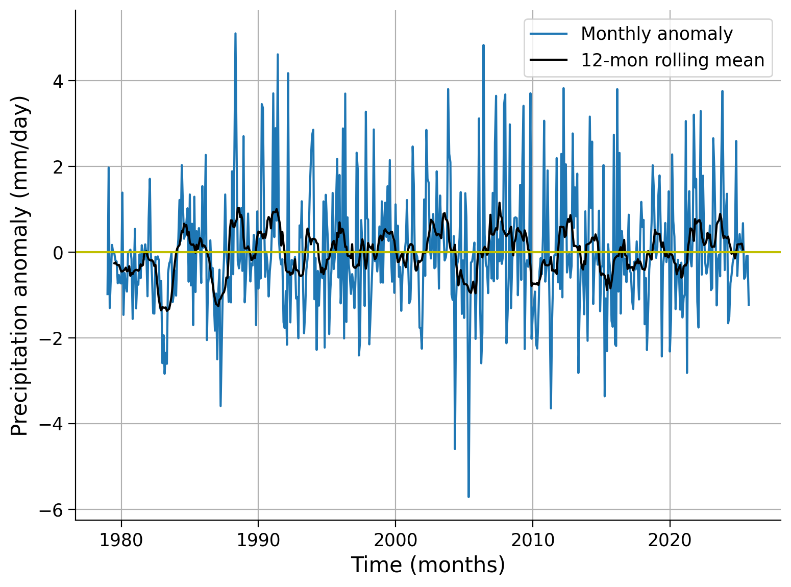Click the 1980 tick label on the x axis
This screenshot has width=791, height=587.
point(121,540)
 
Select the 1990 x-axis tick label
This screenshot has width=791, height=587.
point(258,540)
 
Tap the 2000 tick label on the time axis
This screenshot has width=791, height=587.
point(396,540)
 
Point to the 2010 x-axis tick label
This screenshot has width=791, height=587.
point(532,540)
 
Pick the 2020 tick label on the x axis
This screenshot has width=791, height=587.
point(670,540)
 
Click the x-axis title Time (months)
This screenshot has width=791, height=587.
point(428,566)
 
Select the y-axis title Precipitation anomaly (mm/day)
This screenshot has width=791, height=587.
point(20,265)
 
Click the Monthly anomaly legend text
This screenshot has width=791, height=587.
point(656,34)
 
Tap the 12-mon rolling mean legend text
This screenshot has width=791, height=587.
point(672,60)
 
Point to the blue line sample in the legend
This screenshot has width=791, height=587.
point(549,34)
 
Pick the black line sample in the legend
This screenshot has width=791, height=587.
point(549,60)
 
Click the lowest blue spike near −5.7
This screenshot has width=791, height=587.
point(468,496)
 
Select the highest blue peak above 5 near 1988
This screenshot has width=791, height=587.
point(235,34)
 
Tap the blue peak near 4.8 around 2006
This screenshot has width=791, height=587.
point(483,45)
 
